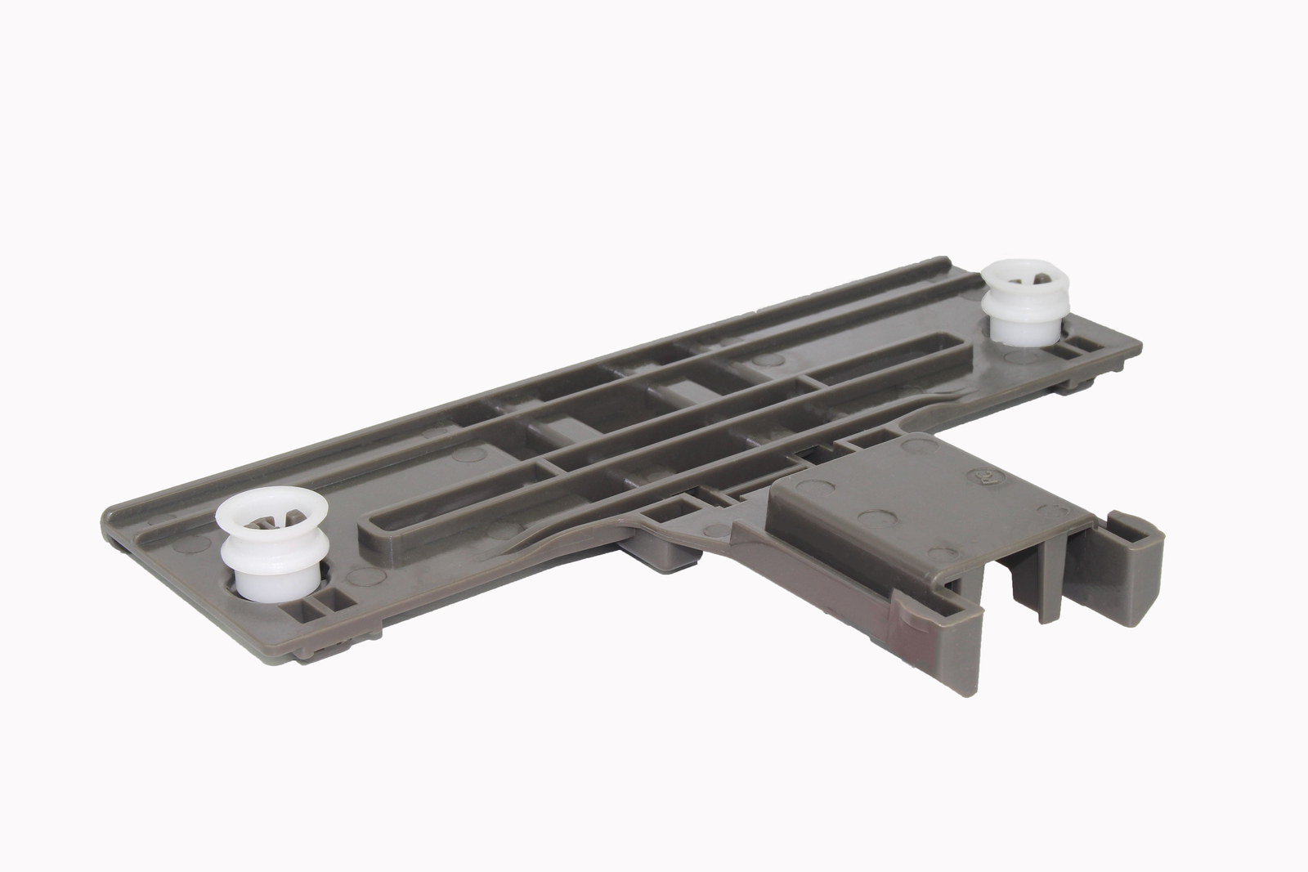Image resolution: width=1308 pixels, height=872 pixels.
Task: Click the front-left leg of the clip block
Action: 952,646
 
